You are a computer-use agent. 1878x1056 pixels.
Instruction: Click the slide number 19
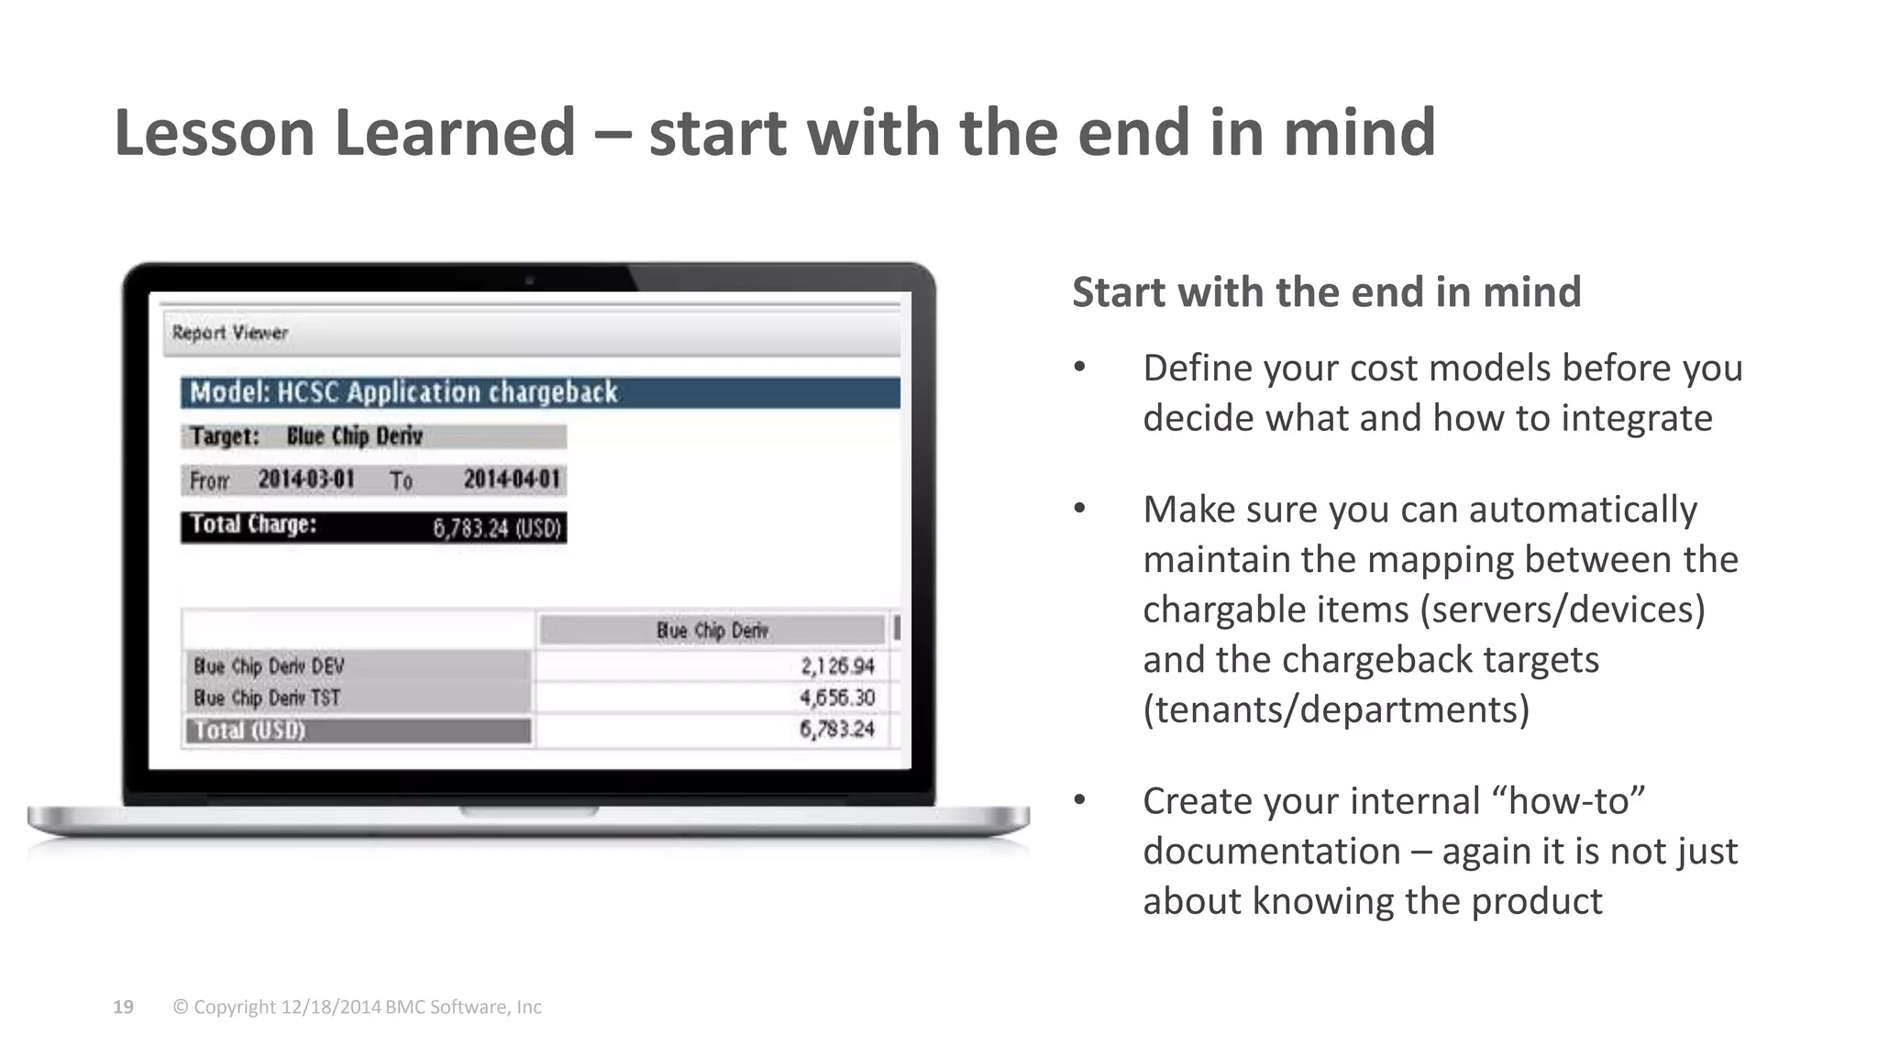(x=123, y=1006)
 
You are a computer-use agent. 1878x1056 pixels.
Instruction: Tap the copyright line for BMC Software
(x=357, y=1006)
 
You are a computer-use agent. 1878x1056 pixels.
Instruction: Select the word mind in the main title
(x=1358, y=133)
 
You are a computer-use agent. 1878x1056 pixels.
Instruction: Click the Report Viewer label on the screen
(x=230, y=333)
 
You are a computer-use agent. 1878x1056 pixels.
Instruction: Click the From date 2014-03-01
(x=305, y=479)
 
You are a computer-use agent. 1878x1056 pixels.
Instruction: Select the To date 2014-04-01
(x=511, y=479)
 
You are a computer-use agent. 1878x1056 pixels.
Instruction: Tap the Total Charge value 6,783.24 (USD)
(x=496, y=528)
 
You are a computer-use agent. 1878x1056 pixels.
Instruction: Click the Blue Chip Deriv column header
(x=712, y=631)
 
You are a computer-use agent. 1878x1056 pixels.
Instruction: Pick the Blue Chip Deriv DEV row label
(x=269, y=666)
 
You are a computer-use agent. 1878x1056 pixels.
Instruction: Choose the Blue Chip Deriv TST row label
(x=267, y=698)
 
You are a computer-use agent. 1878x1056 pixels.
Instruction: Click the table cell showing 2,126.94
(x=837, y=666)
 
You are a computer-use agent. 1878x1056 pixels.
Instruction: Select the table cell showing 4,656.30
(x=837, y=698)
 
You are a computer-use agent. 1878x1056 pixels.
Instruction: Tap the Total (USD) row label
(x=250, y=731)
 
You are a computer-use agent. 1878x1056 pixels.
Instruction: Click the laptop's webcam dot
(x=529, y=280)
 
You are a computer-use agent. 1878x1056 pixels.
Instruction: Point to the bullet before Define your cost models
(x=1080, y=368)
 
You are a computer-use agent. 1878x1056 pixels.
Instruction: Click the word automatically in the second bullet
(x=1583, y=510)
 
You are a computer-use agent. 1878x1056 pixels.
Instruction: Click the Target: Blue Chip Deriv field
(x=373, y=436)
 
